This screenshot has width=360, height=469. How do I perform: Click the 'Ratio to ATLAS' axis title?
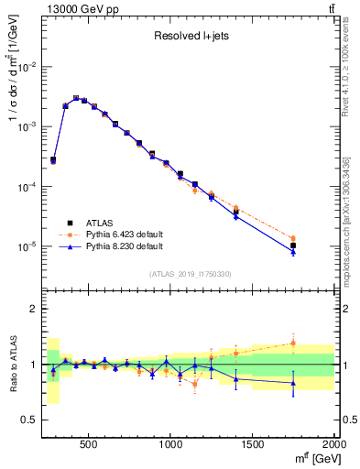[14, 365]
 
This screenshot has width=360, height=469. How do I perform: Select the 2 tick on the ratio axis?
[33, 309]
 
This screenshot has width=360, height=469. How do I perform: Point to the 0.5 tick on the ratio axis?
[30, 420]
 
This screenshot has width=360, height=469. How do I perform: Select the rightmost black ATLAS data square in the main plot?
[293, 245]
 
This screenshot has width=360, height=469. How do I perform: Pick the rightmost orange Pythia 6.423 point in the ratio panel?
[293, 343]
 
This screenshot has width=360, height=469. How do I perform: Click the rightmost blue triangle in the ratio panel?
[293, 383]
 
